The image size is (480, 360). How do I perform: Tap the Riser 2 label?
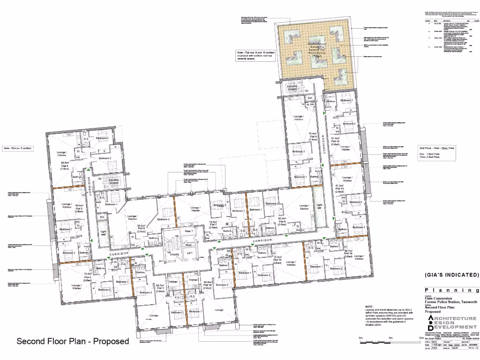[x=189, y=232]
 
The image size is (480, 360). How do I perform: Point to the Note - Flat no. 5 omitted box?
[x=17, y=149]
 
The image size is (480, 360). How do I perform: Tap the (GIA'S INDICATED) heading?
[x=452, y=275]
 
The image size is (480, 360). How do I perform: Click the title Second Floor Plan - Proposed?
[x=73, y=341]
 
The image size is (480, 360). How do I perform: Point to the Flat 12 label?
[x=335, y=142]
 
